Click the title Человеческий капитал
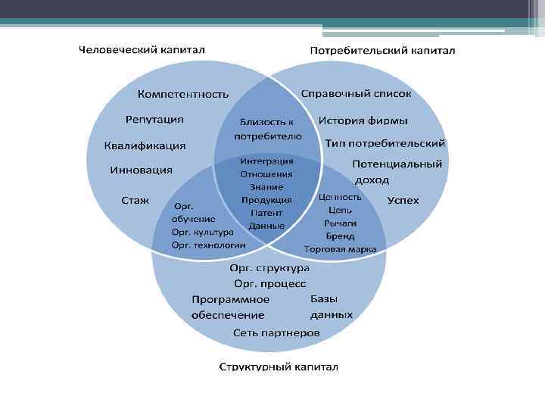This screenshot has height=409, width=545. [142, 49]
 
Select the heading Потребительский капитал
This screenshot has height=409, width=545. [383, 51]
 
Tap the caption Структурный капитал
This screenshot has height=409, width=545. [279, 367]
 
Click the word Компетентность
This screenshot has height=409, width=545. [182, 95]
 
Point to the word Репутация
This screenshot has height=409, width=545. [154, 120]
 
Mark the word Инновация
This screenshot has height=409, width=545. [141, 170]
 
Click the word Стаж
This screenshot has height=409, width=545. [135, 201]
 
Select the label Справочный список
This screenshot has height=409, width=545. [356, 94]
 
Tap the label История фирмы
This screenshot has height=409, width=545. [363, 120]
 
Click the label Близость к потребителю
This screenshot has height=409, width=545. [267, 129]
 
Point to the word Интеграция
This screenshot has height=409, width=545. [266, 161]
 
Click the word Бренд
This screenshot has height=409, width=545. [340, 236]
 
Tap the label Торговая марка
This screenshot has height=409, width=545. [340, 248]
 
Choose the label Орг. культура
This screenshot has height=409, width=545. [202, 232]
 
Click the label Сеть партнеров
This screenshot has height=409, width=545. [276, 333]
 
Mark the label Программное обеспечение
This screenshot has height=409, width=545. [230, 307]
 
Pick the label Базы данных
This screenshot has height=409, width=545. [331, 306]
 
